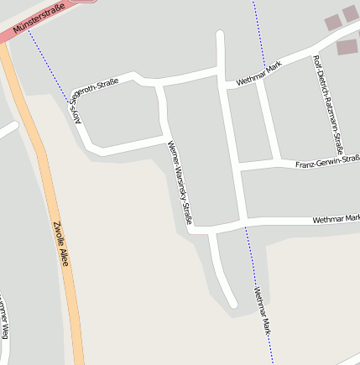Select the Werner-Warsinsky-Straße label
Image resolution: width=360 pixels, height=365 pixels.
point(181,183)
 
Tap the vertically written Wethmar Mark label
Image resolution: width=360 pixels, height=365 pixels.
point(263,311)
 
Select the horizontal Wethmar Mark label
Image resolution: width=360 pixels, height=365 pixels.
point(335,220)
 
